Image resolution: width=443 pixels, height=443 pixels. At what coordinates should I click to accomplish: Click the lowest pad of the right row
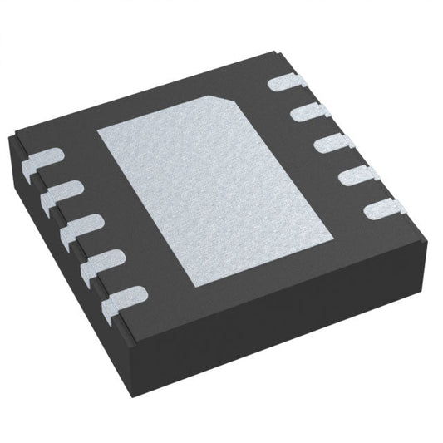[x=383, y=209]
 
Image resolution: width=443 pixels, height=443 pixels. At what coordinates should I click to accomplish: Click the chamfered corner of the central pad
[x=236, y=100]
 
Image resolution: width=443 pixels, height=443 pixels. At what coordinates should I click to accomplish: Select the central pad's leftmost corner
[x=97, y=133]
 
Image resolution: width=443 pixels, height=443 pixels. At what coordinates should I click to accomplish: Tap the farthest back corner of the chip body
[x=275, y=52]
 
